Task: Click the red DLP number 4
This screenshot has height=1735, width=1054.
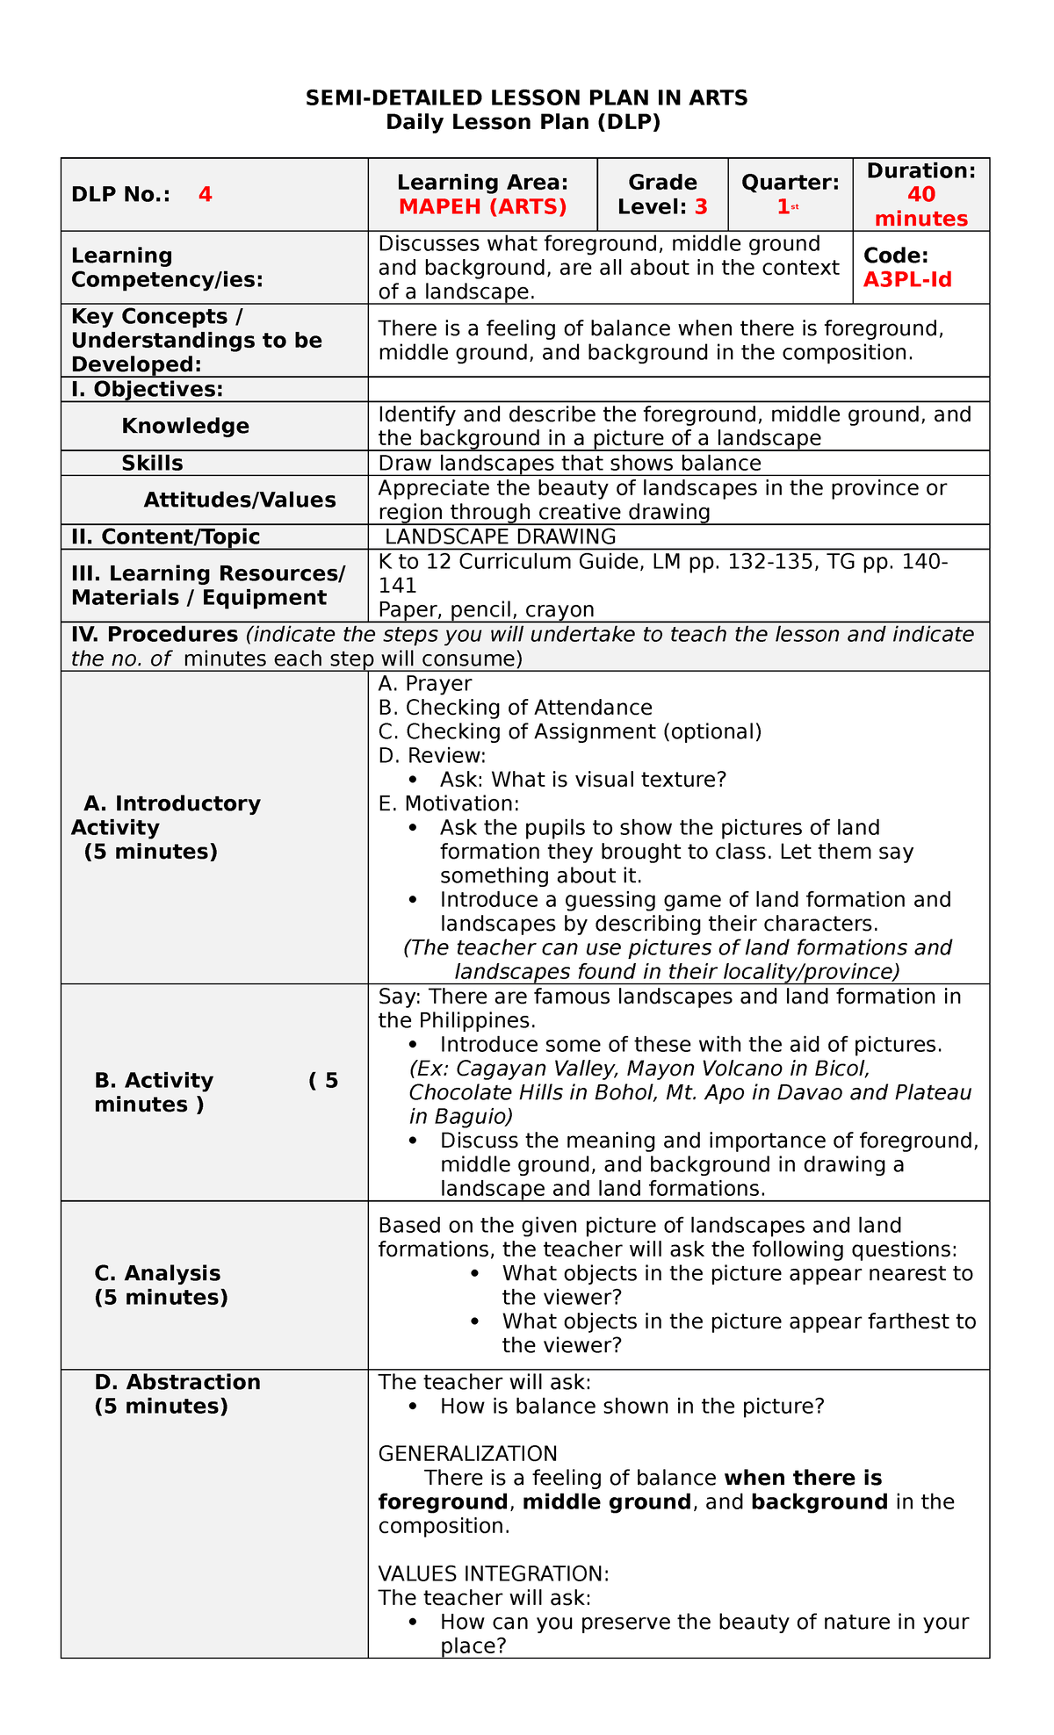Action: (x=205, y=195)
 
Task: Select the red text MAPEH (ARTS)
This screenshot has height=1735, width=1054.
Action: (x=482, y=207)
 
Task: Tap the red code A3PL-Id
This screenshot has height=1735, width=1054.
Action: (x=907, y=280)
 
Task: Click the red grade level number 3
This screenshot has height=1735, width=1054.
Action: (x=701, y=207)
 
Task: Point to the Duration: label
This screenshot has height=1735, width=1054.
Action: (x=920, y=171)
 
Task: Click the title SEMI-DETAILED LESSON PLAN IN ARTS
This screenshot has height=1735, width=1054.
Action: (x=526, y=97)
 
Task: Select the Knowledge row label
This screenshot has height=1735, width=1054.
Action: (x=185, y=427)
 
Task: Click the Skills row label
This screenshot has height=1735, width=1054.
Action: (x=152, y=464)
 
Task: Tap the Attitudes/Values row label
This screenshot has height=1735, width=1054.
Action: (x=240, y=500)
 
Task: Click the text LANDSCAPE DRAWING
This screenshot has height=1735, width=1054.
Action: (x=501, y=536)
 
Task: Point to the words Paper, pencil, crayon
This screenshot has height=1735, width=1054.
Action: (x=486, y=609)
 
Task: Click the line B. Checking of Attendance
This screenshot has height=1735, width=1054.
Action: (x=515, y=708)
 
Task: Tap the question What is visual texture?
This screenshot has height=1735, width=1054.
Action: (x=609, y=780)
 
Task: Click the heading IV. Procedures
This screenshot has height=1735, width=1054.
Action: (x=155, y=634)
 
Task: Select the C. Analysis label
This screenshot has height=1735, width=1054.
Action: (x=157, y=1273)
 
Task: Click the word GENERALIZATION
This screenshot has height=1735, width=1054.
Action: (x=467, y=1453)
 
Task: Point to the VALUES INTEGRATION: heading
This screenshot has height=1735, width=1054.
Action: (x=494, y=1573)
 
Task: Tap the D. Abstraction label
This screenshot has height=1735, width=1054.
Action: (x=177, y=1382)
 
